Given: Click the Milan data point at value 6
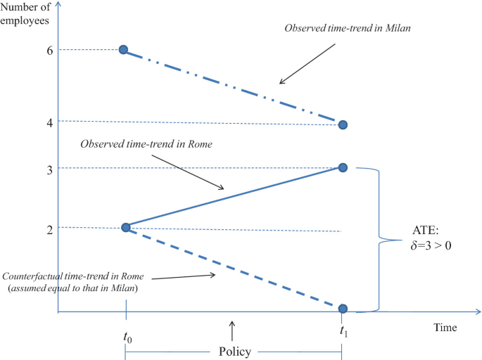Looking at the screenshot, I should pyautogui.click(x=123, y=50).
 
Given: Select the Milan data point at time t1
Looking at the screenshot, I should pyautogui.click(x=343, y=124).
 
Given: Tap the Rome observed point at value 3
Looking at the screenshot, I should pyautogui.click(x=343, y=167).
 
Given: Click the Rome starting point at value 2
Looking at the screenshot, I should pyautogui.click(x=126, y=227).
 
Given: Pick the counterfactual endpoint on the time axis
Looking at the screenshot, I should pyautogui.click(x=343, y=308).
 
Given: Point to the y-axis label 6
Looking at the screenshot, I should pyautogui.click(x=30, y=51).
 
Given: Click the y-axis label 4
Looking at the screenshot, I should pyautogui.click(x=30, y=122).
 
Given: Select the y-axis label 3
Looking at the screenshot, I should pyautogui.click(x=30, y=168).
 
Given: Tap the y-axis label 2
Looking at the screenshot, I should pyautogui.click(x=30, y=229).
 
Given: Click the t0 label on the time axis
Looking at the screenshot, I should pyautogui.click(x=127, y=337).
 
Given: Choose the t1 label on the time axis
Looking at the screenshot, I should pyautogui.click(x=343, y=330).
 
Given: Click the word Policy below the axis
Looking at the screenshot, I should pyautogui.click(x=234, y=352).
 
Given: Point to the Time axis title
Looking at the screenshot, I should pyautogui.click(x=445, y=328).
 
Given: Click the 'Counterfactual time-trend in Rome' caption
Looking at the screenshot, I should pyautogui.click(x=77, y=282).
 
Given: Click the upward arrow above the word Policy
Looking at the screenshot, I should pyautogui.click(x=233, y=329).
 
